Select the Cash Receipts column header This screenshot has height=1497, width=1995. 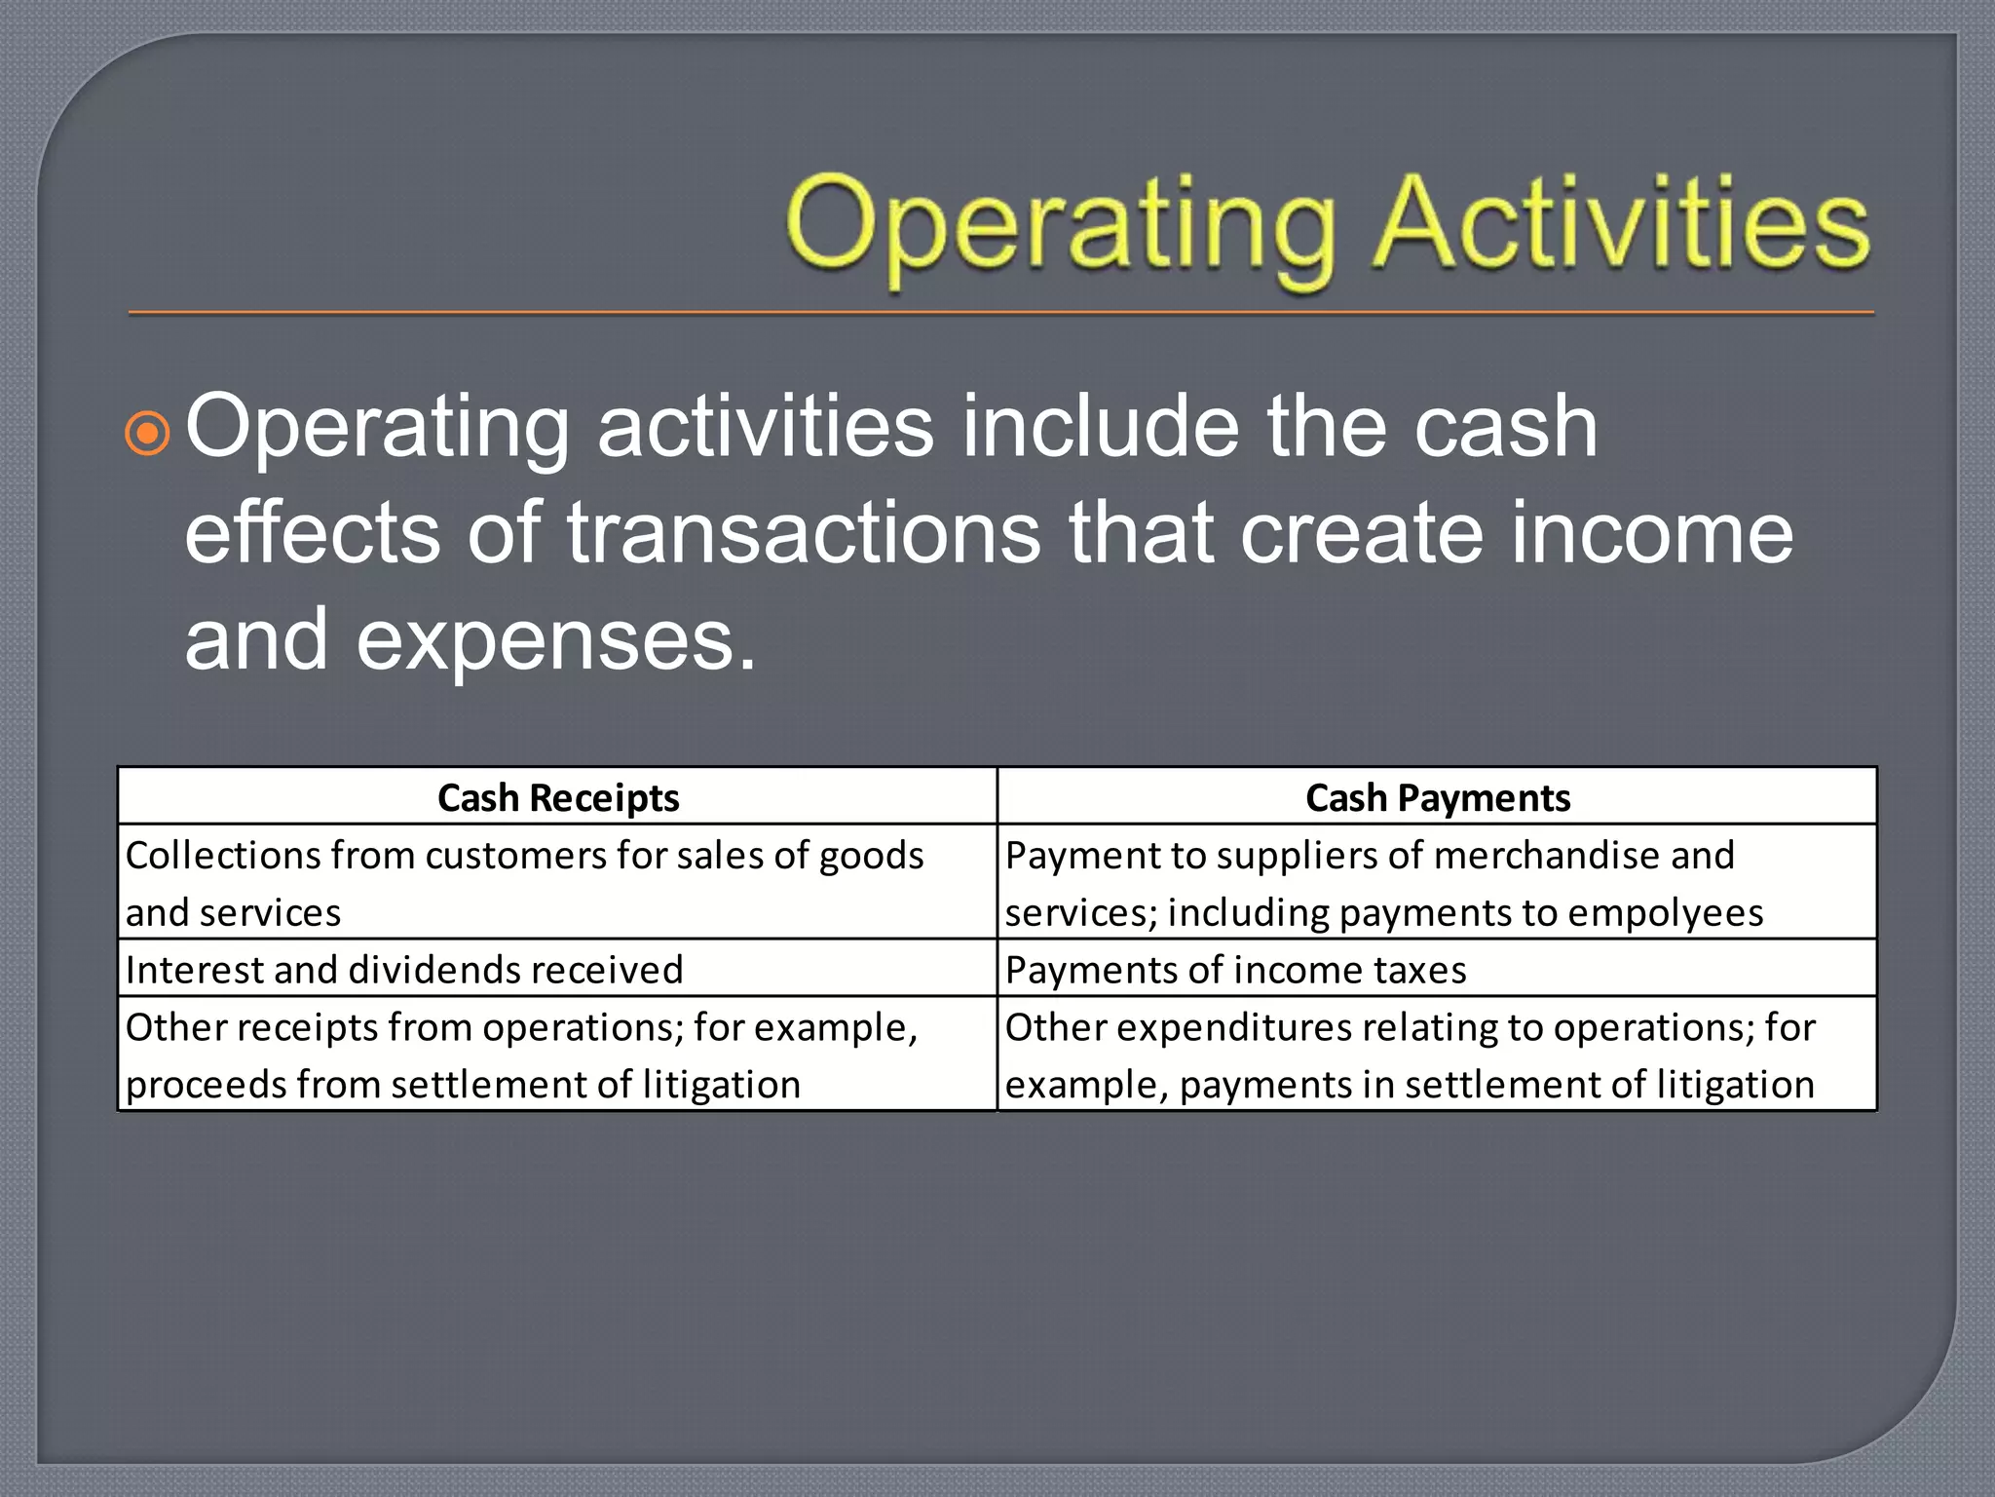click(558, 798)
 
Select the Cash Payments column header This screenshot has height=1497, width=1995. click(1438, 798)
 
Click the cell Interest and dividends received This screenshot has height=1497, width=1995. click(404, 970)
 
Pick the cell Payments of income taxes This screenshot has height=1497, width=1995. click(1235, 970)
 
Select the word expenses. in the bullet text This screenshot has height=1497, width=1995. click(556, 641)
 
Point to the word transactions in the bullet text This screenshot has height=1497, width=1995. click(805, 533)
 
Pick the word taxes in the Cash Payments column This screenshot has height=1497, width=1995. click(1419, 970)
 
